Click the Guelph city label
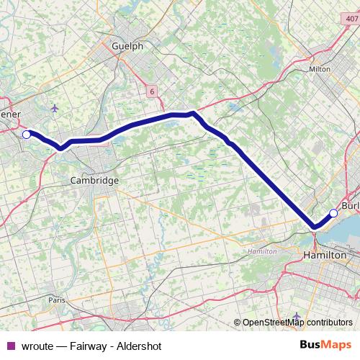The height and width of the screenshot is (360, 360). click(128, 45)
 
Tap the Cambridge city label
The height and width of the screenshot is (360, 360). click(94, 181)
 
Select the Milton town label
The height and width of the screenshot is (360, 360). click(319, 69)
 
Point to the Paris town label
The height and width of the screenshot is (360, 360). click(57, 299)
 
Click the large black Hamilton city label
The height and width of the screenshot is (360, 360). click(325, 256)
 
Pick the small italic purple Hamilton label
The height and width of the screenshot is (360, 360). click(261, 252)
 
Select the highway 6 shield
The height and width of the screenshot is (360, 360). click(152, 91)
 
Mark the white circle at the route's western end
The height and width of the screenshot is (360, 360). click(27, 134)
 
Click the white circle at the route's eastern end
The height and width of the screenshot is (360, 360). click(333, 212)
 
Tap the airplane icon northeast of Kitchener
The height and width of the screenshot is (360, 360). click(55, 109)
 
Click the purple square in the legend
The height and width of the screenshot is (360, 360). click(10, 345)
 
